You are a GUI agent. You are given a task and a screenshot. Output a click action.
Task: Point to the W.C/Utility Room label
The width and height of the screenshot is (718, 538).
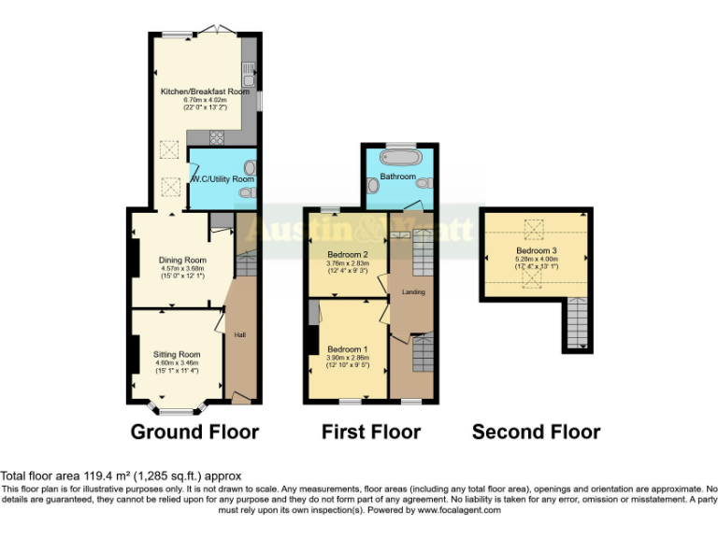223,178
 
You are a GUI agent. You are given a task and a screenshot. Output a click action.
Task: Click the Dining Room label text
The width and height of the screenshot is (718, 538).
181,260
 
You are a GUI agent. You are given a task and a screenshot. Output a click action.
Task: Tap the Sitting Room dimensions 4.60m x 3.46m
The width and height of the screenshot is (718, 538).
177,363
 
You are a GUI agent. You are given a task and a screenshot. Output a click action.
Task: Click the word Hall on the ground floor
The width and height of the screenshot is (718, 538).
239,333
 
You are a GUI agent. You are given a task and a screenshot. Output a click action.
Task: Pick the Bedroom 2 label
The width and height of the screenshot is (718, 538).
347,254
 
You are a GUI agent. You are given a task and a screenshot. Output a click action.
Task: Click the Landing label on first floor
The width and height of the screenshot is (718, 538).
413,292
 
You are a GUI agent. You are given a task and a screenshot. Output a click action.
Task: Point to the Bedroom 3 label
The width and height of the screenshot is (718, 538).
536,250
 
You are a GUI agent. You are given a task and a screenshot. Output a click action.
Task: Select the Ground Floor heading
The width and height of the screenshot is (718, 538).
194,432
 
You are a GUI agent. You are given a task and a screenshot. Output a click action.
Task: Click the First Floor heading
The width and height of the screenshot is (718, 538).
371,432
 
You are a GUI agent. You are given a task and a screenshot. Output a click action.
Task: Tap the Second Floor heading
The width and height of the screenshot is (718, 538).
536,432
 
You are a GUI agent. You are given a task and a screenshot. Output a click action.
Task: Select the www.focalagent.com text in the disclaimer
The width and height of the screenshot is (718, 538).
459,510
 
